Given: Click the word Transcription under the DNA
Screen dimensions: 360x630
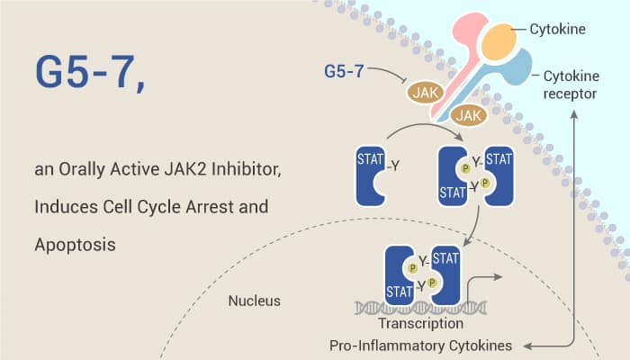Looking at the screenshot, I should pyautogui.click(x=421, y=323).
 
